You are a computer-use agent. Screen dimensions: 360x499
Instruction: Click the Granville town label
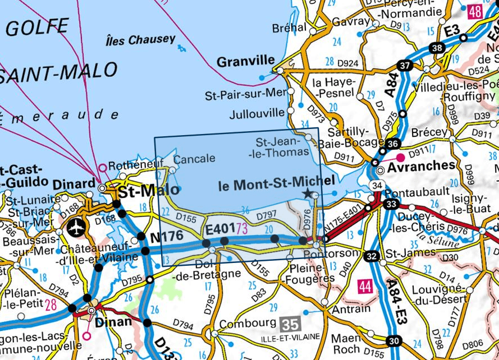coord(246,61)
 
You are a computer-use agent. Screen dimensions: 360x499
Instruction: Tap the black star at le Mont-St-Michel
coord(307,193)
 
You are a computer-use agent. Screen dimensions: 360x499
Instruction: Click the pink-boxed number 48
coord(475,12)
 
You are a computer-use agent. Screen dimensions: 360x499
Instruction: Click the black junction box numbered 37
coord(404,66)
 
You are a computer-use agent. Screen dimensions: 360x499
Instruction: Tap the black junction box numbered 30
coord(395,340)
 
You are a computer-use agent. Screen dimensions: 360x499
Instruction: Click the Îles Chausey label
coord(140,40)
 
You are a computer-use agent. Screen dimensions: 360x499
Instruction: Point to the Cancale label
coord(194,159)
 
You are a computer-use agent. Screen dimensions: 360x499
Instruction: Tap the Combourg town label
coord(248,324)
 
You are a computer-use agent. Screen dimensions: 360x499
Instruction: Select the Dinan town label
coord(114,321)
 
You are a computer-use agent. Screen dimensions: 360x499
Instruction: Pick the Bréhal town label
coord(289,27)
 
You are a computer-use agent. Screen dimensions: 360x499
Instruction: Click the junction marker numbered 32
coord(370,257)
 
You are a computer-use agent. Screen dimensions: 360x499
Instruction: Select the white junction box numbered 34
coord(376,186)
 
